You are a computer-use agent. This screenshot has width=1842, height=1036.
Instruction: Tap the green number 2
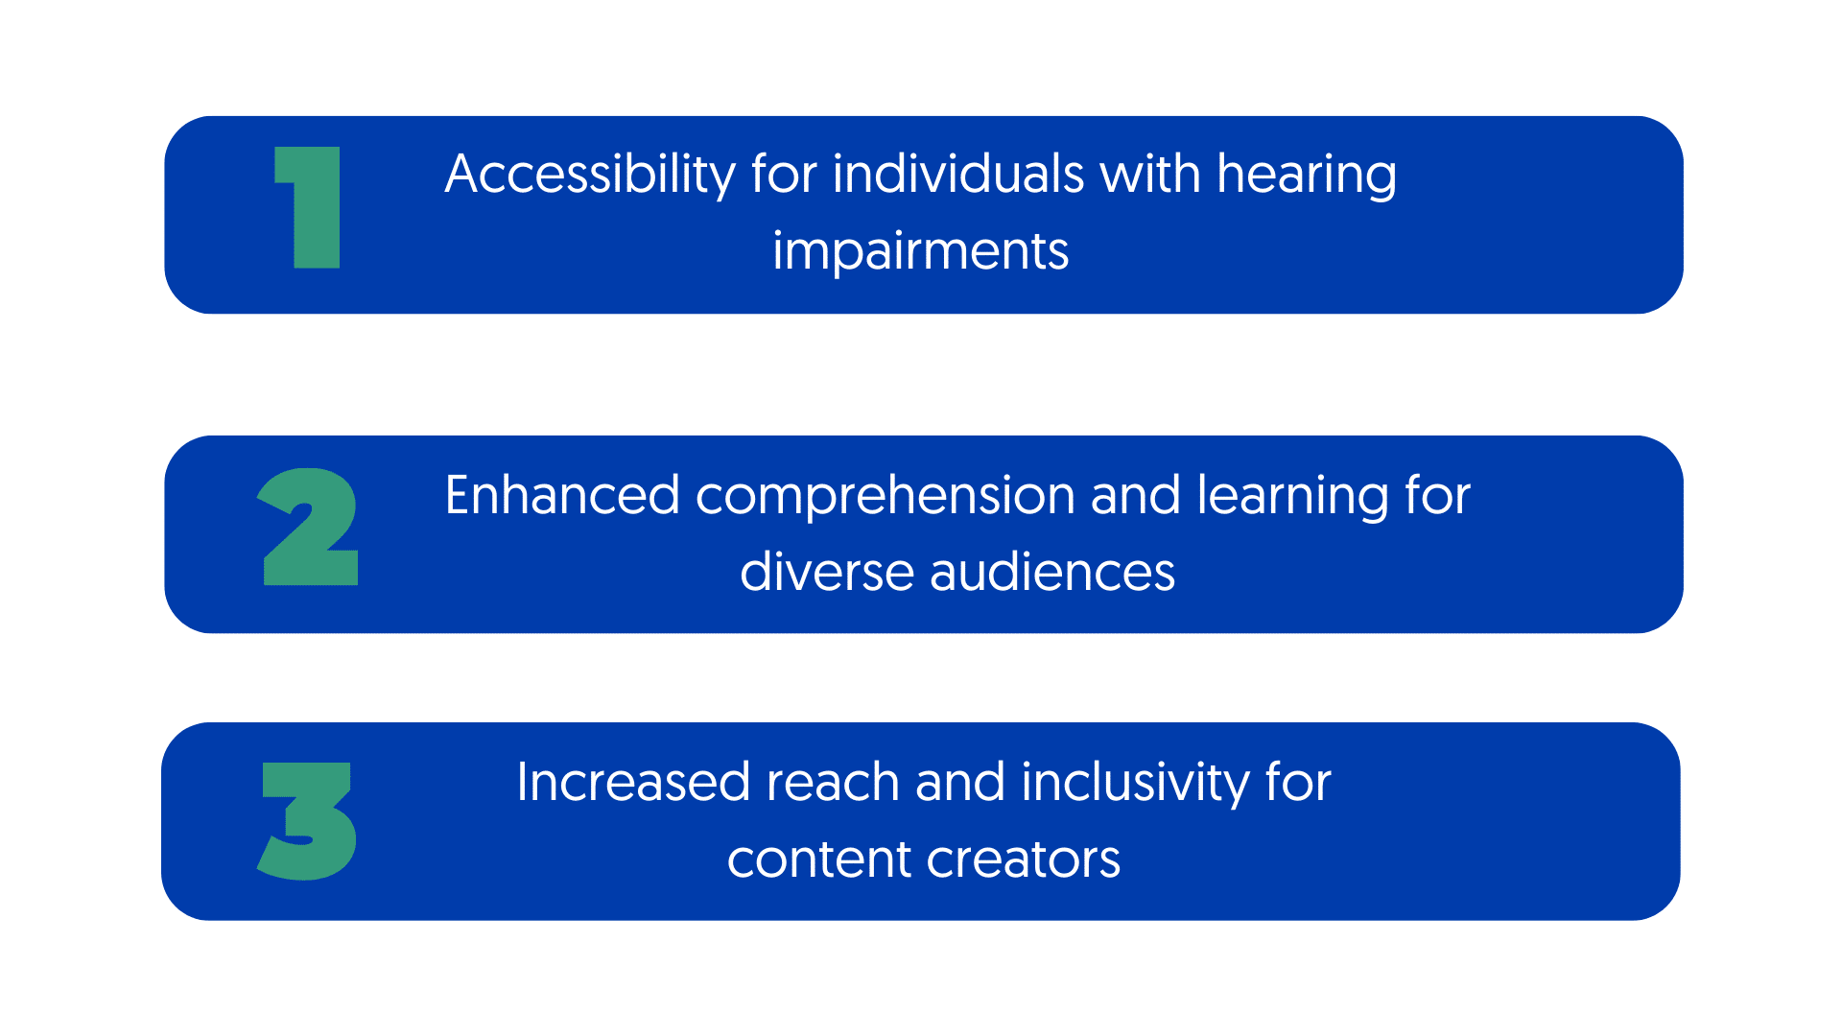(308, 527)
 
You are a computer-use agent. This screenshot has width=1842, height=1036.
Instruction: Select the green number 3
(307, 821)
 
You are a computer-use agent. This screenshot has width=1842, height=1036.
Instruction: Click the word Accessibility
(590, 176)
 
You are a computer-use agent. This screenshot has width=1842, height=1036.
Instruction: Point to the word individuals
(958, 175)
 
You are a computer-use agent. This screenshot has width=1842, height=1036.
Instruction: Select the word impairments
(921, 252)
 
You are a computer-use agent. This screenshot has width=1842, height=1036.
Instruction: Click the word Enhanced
(562, 495)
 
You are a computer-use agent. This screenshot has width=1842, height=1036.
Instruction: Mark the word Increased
(633, 782)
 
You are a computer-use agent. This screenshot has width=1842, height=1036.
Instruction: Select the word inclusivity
(1135, 784)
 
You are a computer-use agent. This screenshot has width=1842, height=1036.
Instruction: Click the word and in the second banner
(1136, 495)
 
